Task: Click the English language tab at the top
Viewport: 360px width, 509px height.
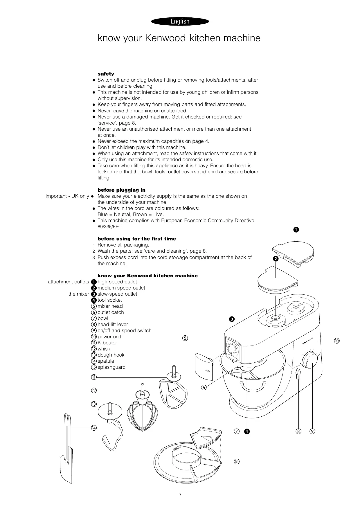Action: coord(180,21)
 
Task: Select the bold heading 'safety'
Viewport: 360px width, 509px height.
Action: coord(106,74)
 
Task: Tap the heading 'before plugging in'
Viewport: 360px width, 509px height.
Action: coord(121,190)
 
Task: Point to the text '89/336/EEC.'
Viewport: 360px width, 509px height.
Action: coord(110,227)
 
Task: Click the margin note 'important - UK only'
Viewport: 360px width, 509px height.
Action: coord(67,196)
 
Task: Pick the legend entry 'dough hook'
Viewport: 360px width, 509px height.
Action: coord(111,355)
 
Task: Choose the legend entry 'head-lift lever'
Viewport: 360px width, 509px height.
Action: coord(113,325)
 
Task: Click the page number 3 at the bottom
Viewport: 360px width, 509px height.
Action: coord(180,495)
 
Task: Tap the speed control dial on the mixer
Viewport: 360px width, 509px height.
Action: coord(309,360)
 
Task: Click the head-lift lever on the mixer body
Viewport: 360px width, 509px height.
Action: coord(298,374)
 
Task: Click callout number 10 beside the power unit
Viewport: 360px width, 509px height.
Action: coord(336,341)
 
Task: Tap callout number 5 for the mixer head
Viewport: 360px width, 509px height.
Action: coord(185,338)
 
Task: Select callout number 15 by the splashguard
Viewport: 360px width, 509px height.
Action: coord(237,462)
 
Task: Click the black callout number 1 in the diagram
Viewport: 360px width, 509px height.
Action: coord(296,230)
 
